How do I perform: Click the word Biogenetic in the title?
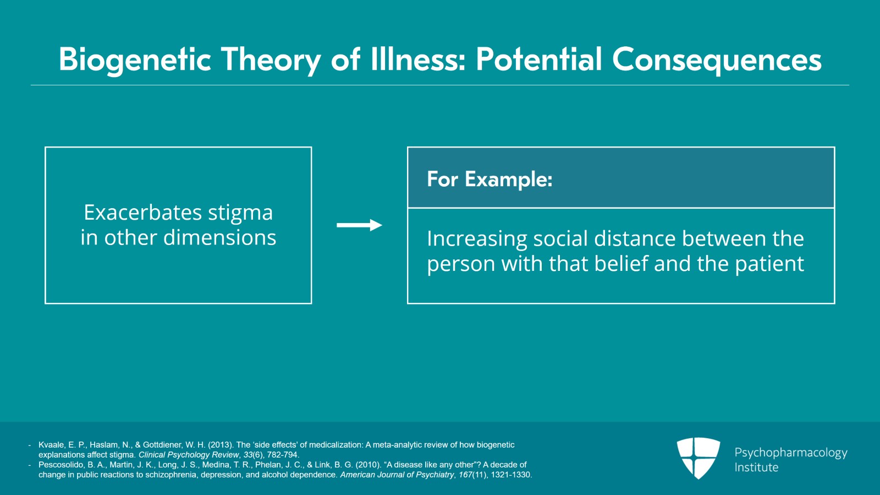click(135, 59)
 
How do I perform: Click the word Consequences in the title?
click(717, 59)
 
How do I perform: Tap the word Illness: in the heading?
click(418, 59)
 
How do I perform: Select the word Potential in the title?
click(538, 59)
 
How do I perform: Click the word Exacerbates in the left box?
click(142, 213)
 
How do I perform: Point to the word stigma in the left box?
click(240, 213)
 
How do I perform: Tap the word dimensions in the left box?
click(219, 238)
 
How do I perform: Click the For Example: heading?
click(490, 179)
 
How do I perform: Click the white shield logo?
click(698, 458)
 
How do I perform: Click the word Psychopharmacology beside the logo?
click(790, 453)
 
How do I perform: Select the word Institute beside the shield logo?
click(756, 467)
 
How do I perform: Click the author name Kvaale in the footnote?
click(51, 445)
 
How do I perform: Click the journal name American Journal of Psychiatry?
click(397, 475)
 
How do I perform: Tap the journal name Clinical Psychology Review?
click(189, 455)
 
